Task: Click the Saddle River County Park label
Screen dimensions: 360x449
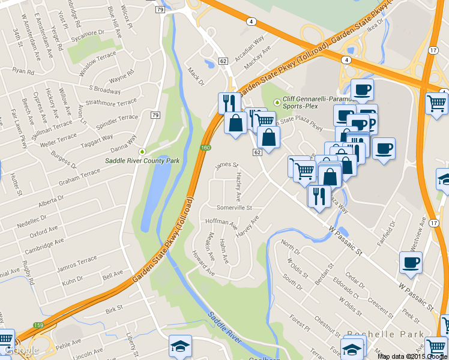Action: coord(142,161)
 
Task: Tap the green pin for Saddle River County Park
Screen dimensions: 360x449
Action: coord(142,151)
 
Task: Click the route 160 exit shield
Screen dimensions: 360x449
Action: coord(205,148)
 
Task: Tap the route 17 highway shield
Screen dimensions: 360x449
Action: coord(433,50)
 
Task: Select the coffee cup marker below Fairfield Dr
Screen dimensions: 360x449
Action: coord(411,262)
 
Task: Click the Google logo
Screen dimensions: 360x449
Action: coord(20,350)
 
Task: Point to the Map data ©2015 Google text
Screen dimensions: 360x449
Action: coord(412,356)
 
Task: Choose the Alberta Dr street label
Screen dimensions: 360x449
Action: coord(50,202)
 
